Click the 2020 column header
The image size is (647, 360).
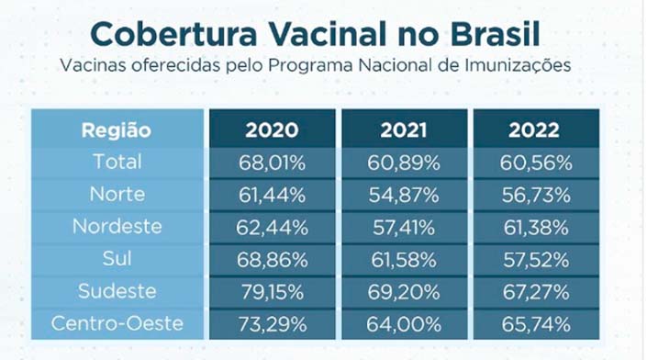[272, 129]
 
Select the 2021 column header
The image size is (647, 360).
[405, 129]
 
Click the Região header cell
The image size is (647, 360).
[117, 129]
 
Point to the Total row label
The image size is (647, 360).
[117, 162]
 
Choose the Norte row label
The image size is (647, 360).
[117, 194]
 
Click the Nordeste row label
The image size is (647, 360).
[117, 226]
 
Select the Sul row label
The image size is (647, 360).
[117, 258]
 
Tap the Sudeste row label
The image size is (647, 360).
[117, 290]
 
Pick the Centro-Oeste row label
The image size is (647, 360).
[117, 323]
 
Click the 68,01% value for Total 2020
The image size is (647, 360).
[272, 163]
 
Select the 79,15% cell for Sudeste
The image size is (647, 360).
[272, 291]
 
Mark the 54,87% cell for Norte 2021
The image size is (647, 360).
[405, 195]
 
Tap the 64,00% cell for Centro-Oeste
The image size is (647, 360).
[405, 323]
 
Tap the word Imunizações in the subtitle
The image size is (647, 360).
[523, 67]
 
